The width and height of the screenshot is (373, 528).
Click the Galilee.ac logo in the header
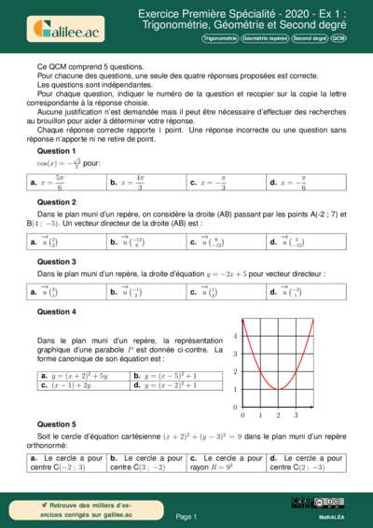coord(65,28)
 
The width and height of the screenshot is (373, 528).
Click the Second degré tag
coord(308,39)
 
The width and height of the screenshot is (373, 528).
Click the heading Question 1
coord(56,151)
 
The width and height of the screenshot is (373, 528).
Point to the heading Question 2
coord(56,202)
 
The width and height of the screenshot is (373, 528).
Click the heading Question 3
coord(56,262)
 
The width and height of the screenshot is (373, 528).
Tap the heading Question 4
coord(56,312)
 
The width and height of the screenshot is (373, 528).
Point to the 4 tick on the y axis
coord(235,336)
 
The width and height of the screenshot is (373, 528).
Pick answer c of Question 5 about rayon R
coord(226,463)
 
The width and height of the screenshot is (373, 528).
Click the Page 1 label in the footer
coord(186,516)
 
